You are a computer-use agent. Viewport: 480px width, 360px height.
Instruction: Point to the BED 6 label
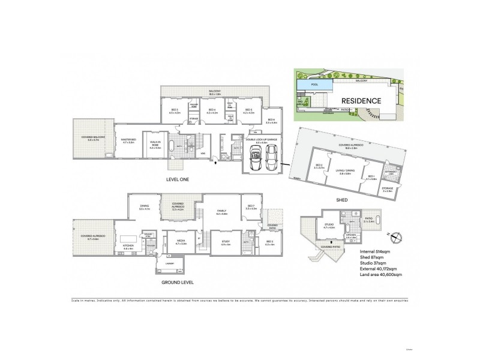(x=271, y=121)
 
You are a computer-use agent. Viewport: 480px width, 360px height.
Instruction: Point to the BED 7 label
(x=251, y=207)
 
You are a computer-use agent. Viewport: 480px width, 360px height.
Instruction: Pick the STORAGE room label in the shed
(x=388, y=189)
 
